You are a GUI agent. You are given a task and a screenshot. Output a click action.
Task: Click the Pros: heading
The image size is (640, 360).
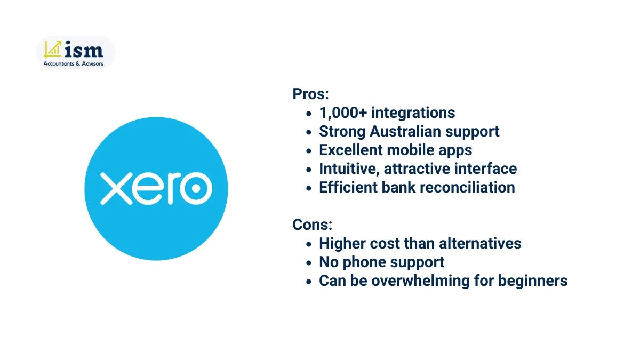pos(310,94)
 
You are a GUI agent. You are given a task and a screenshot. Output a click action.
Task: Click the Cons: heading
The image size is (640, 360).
pos(312,225)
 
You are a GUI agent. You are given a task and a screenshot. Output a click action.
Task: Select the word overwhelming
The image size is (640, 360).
pos(425,281)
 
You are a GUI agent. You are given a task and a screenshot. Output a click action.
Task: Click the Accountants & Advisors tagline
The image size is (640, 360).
pos(74,63)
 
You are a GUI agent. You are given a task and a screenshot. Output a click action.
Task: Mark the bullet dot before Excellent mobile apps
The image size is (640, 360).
pos(309,151)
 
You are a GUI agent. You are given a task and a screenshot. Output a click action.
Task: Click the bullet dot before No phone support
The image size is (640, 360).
pos(309,263)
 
